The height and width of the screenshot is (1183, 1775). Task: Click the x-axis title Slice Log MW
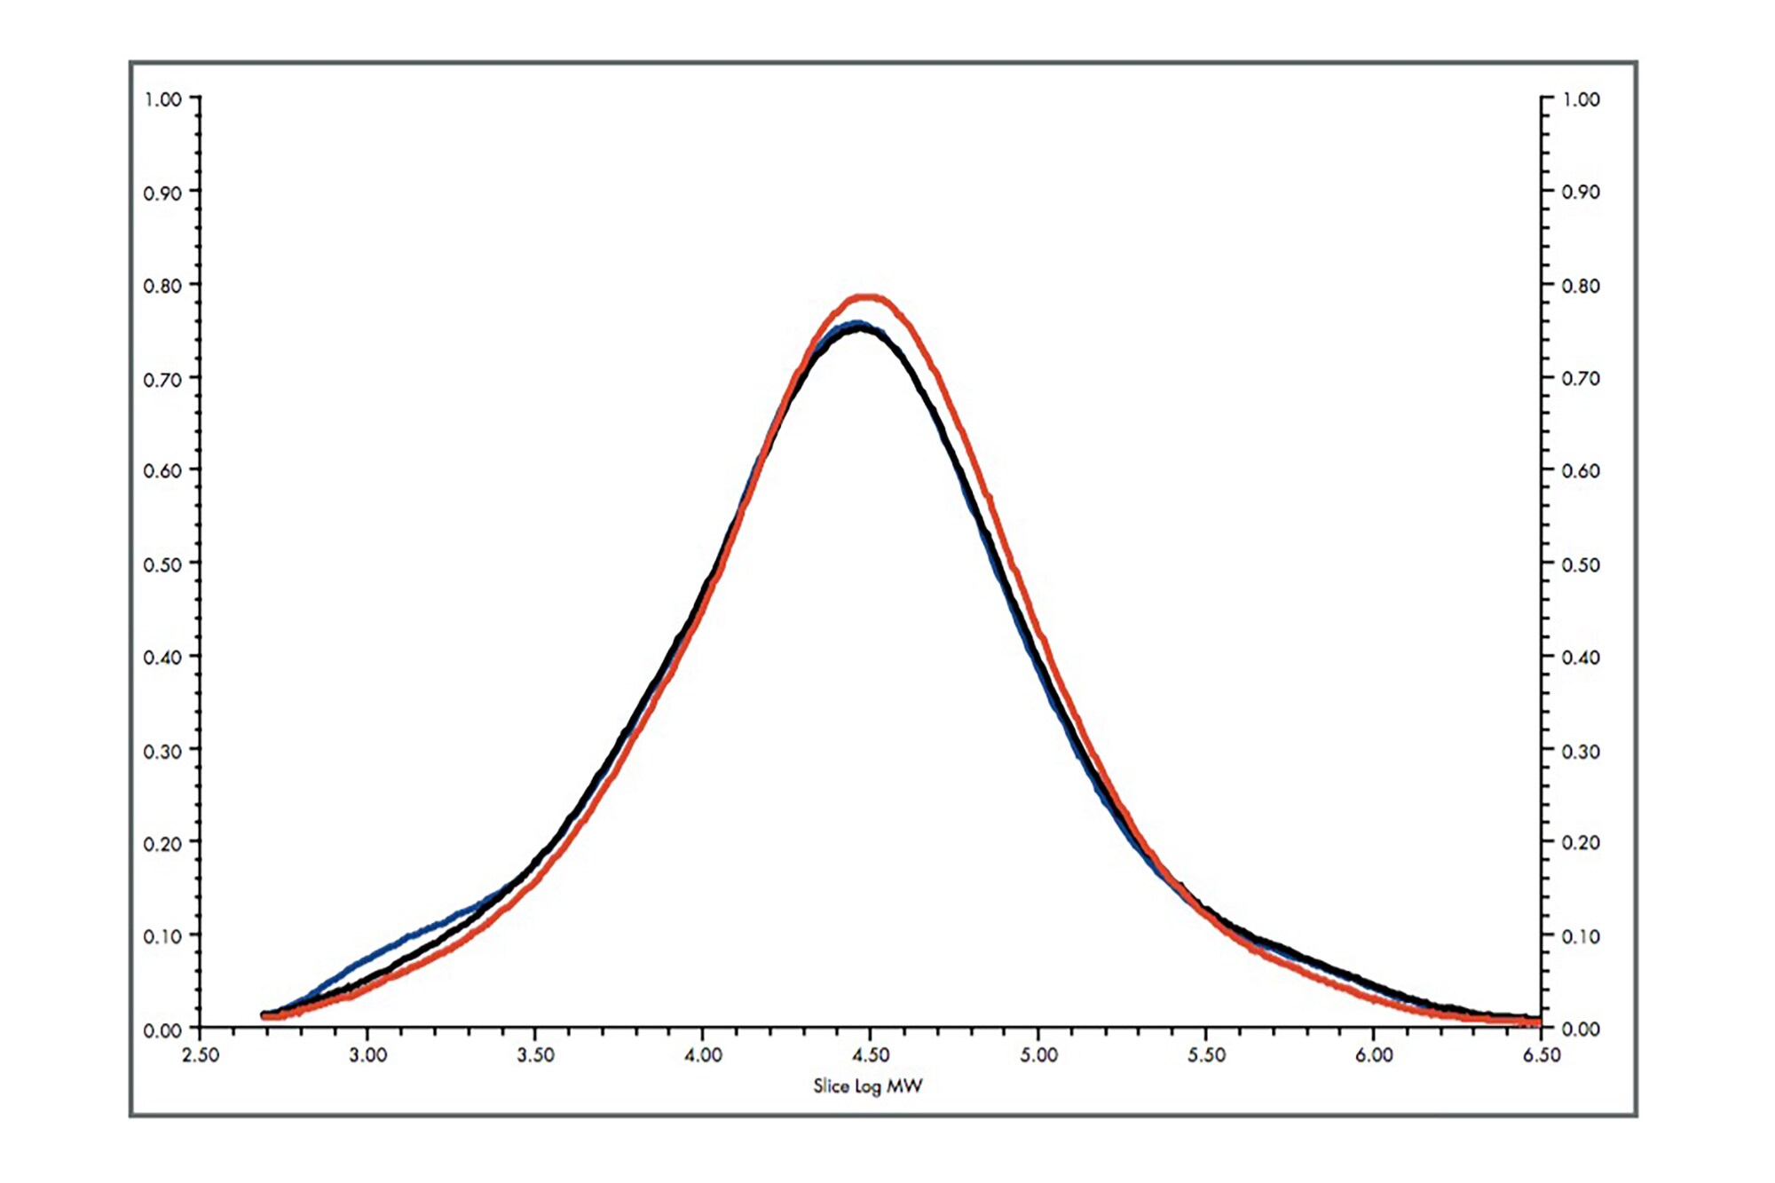coord(867,1085)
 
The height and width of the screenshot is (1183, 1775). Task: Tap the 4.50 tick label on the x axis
coord(870,1055)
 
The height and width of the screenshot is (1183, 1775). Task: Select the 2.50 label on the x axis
coord(200,1055)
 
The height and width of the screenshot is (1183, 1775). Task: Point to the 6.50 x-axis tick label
coord(1542,1055)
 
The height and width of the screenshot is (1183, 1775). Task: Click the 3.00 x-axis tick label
coord(367,1055)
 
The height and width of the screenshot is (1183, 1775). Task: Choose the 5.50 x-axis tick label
coord(1206,1055)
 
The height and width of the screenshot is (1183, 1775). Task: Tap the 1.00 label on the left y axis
coord(162,99)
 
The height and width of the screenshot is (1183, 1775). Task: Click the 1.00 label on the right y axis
coord(1581,99)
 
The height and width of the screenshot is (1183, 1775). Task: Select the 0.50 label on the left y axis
coord(162,564)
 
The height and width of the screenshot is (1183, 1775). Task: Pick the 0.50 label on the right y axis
coord(1581,564)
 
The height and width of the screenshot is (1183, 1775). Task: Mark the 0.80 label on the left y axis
coord(162,286)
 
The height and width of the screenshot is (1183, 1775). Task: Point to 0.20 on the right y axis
coord(1581,842)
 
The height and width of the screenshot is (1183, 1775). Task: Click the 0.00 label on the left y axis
coord(162,1030)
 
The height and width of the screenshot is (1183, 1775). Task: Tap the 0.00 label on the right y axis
coord(1581,1029)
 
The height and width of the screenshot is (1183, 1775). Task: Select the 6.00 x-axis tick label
coord(1374,1055)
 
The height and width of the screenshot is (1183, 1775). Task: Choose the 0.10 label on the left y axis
coord(162,936)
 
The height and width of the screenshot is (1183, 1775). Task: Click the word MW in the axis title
coord(904,1085)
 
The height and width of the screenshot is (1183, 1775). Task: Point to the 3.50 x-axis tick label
coord(535,1055)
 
